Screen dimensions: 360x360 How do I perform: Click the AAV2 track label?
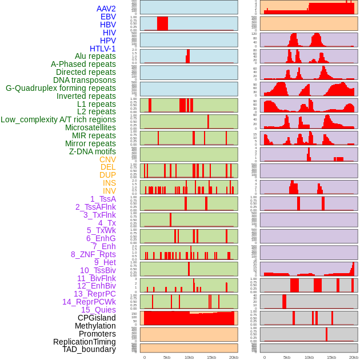(106, 9)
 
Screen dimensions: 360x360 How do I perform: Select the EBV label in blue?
(108, 17)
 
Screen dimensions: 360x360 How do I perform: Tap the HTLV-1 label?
(103, 49)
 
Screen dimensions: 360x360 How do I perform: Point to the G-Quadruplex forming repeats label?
(61, 88)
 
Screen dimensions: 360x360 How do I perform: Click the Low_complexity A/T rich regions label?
(58, 119)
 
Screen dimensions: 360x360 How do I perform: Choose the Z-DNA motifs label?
(93, 151)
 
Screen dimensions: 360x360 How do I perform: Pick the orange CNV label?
(107, 159)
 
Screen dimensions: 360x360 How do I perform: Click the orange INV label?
(109, 191)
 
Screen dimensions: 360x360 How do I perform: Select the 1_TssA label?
(103, 199)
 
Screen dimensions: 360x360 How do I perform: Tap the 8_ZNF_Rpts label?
(93, 254)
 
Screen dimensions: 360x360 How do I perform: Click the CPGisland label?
(97, 318)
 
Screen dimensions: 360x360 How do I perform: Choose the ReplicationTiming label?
(85, 342)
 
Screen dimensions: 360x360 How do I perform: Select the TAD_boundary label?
(89, 349)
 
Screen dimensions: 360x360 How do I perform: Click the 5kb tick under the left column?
(167, 357)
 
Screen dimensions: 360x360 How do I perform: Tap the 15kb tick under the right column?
(331, 357)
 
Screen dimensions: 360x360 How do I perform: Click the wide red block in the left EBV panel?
(162, 23)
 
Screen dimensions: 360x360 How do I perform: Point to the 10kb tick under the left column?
(189, 357)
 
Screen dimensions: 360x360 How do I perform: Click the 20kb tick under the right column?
(354, 357)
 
